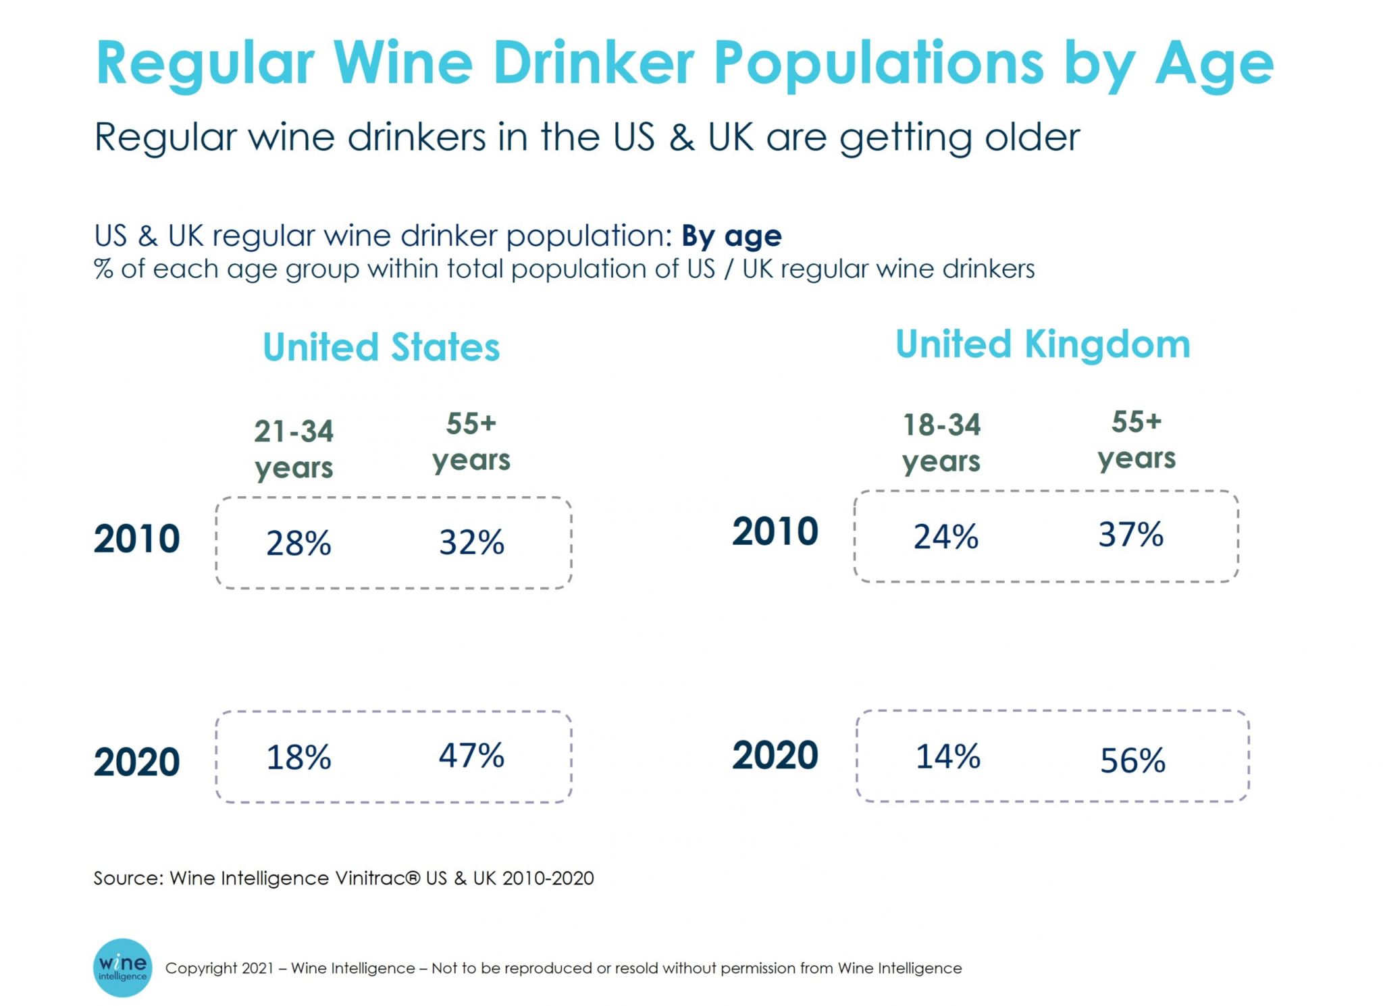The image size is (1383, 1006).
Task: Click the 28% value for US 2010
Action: point(298,543)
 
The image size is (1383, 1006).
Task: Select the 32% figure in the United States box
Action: point(471,541)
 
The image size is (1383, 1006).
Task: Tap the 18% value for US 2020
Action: point(298,757)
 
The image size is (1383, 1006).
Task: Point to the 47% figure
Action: point(471,755)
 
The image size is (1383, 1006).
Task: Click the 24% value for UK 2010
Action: point(945,537)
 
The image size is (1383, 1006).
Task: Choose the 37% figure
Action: point(1130,534)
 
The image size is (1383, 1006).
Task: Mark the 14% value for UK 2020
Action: point(947,756)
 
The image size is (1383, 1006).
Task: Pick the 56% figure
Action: point(1132,760)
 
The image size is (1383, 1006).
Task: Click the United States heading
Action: point(381,347)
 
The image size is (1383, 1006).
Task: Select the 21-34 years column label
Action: point(294,449)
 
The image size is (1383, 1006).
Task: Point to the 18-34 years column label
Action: point(941,443)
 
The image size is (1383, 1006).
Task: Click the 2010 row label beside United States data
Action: point(136,539)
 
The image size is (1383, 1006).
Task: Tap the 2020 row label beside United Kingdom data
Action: point(775,755)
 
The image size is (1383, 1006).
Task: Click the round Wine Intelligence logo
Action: point(122,967)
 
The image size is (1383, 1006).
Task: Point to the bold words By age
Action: point(731,236)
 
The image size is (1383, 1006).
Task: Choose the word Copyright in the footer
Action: point(200,968)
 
